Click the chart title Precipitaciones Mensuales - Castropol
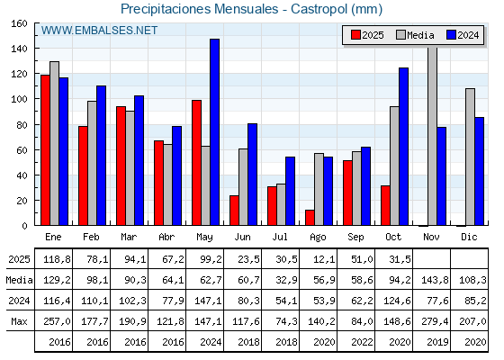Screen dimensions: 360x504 [251, 9]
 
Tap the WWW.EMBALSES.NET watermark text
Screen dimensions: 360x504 [99, 31]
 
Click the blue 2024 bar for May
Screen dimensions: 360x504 [214, 132]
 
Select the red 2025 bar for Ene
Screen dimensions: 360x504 [45, 150]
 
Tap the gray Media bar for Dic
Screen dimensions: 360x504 [470, 157]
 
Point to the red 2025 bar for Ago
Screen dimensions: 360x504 [310, 218]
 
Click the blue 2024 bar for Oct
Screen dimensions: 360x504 [403, 147]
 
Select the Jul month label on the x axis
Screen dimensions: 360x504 [280, 236]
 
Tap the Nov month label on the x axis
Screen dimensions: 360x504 [431, 236]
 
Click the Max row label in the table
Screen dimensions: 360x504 [18, 321]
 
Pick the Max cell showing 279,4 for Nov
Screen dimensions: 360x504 [431, 321]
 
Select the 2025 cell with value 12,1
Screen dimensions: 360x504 [318, 259]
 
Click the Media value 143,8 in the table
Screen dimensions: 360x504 [431, 280]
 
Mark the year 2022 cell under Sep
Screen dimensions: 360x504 [355, 342]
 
